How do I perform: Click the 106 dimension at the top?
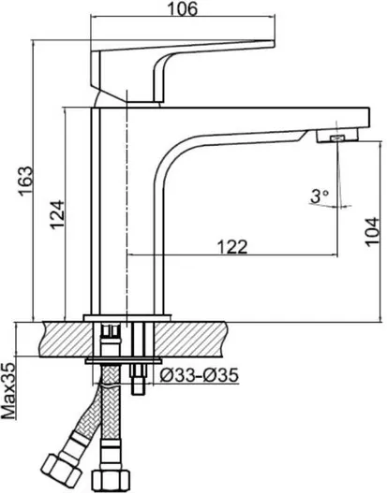pos(183,8)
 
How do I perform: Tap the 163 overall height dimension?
pos(25,181)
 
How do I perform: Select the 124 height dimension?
pos(57,214)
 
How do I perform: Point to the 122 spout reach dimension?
pos(232,247)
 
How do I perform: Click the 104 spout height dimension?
pos(373,231)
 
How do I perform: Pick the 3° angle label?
pos(320,196)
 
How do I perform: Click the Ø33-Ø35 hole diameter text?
pos(200,375)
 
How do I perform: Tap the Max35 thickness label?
pos(8,391)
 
